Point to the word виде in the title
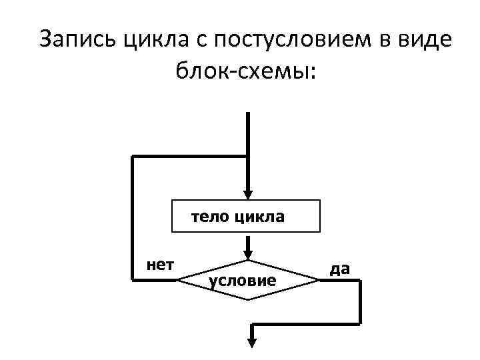tap(423, 39)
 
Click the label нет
tap(160, 265)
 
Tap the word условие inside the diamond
tap(243, 281)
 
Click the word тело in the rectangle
tap(208, 217)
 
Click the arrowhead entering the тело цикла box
tap(247, 194)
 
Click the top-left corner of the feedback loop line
tap(133, 157)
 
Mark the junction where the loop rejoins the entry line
tap(247, 157)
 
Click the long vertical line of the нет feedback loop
tap(133, 220)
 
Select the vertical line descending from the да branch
tap(359, 302)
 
